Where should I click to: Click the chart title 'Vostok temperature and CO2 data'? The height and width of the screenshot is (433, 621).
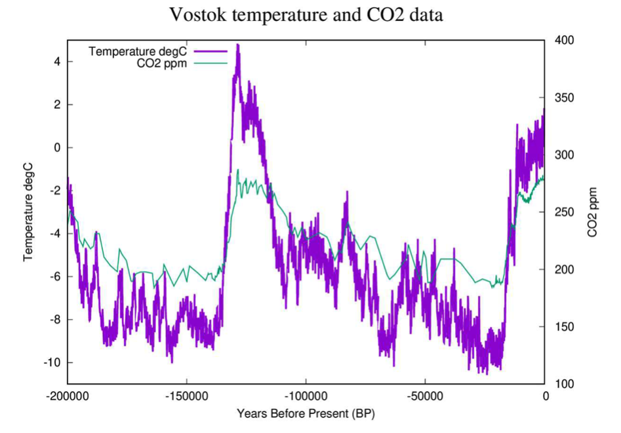306,14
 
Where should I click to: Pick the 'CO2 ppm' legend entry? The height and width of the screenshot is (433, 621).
158,63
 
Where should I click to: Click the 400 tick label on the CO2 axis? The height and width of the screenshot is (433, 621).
564,41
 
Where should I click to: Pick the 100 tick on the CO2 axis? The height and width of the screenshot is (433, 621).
564,384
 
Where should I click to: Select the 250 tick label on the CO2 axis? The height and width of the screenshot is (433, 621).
564,212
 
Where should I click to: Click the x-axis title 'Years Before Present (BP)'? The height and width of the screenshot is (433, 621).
306,414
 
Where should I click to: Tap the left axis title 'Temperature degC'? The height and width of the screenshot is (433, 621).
28,212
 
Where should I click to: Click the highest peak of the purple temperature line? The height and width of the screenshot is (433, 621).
237,45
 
